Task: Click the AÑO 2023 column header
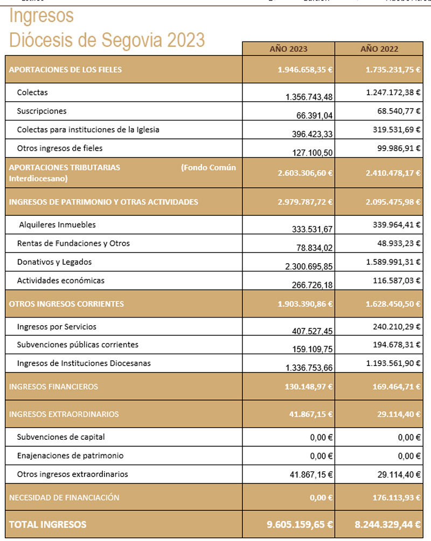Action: pos(288,49)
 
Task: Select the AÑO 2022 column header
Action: pos(379,49)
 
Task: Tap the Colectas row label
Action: pos(32,93)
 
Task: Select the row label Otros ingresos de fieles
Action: pos(60,148)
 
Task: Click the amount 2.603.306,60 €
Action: pos(305,173)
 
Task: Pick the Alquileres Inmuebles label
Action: pos(57,225)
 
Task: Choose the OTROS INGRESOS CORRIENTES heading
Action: pos(66,304)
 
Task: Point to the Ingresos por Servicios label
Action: pos(57,327)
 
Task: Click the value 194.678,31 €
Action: pos(393,345)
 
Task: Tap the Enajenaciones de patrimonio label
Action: pos(70,456)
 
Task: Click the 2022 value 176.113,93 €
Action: pos(393,498)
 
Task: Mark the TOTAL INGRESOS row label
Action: pos(47,524)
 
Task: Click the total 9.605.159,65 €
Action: pos(300,524)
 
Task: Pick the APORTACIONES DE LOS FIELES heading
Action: pos(65,69)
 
